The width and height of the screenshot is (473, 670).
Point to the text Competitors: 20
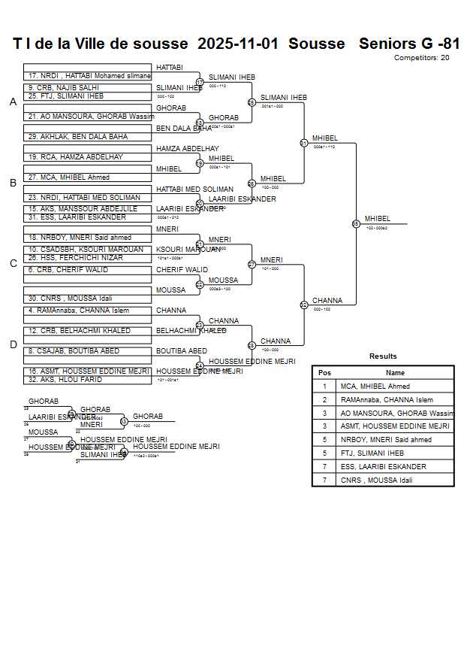click(422, 58)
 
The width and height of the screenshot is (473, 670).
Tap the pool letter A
click(13, 102)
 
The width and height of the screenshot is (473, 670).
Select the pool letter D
click(13, 345)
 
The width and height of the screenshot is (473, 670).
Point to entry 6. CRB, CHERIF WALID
click(68, 270)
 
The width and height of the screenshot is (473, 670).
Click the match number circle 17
click(200, 82)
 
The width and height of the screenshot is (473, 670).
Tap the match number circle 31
click(304, 143)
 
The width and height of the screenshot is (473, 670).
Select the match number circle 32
click(304, 305)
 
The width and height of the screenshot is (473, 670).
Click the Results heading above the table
click(383, 356)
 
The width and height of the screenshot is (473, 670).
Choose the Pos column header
click(324, 373)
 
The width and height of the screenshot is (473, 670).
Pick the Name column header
click(395, 373)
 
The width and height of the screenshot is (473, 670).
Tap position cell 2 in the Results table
click(324, 400)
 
